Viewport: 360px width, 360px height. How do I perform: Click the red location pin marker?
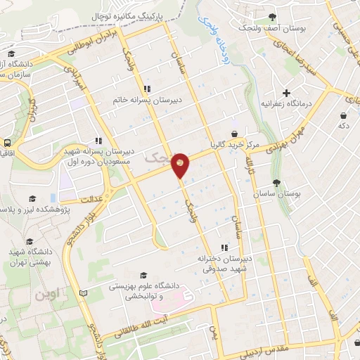[x=181, y=165]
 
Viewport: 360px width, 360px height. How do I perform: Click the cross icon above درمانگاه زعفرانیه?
[x=285, y=92]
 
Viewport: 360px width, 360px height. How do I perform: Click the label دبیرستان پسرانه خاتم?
[x=148, y=100]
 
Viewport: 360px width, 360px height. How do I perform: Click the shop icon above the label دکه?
[x=342, y=115]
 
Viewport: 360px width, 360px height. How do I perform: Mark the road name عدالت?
[x=96, y=199]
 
